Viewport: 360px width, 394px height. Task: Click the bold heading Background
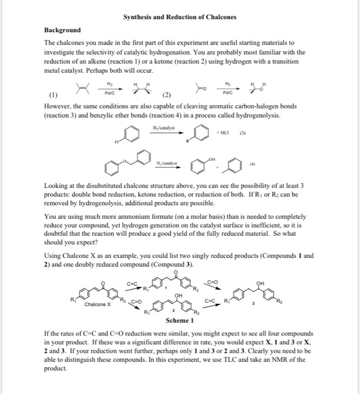click(62, 30)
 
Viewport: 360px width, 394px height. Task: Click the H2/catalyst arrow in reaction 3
click(165, 133)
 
